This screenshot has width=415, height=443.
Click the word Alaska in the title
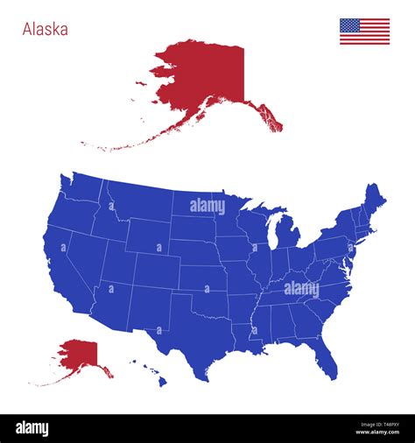tap(45, 29)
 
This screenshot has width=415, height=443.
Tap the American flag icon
tap(364, 32)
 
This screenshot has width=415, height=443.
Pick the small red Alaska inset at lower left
tap(77, 355)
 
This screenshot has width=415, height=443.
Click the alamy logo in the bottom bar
tap(32, 429)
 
